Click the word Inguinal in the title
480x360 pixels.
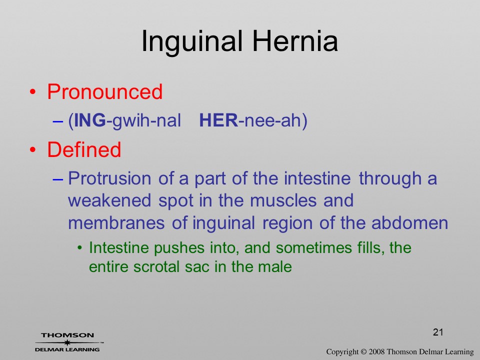191,42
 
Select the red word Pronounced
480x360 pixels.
104,91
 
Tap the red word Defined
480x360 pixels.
84,149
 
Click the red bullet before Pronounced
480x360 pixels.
33,92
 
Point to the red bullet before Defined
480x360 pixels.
33,150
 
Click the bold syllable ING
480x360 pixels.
89,120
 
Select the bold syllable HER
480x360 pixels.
218,120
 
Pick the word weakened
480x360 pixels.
109,200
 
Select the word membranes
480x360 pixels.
116,223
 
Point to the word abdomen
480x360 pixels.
409,223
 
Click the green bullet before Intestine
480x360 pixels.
80,247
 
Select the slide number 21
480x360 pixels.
438,332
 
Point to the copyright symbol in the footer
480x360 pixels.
363,352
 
